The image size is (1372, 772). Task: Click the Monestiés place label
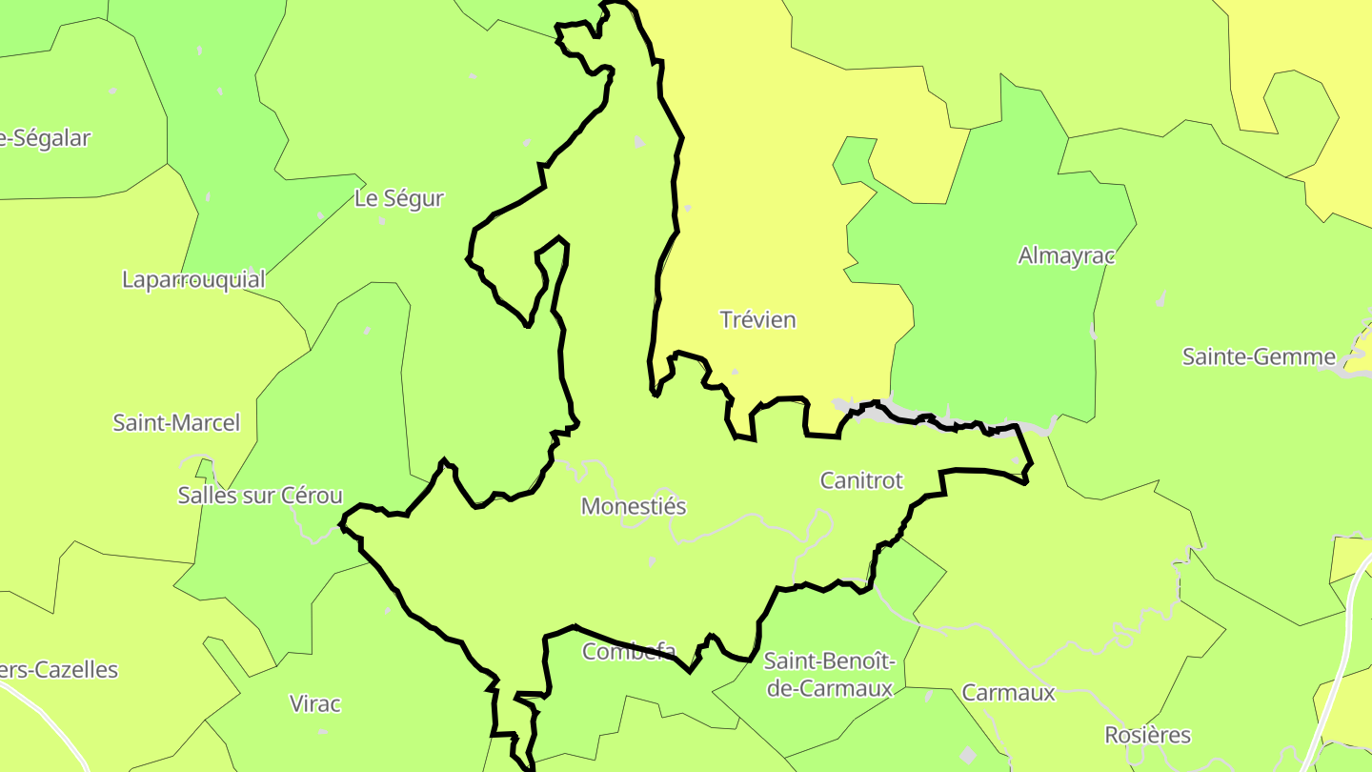634,506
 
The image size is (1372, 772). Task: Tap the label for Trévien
757,319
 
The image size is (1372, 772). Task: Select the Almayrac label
1066,255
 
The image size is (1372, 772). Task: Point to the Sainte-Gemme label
1259,356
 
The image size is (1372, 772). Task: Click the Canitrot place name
861,480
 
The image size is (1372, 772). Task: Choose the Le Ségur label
399,198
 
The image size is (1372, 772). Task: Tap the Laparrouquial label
193,279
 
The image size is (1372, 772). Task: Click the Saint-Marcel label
176,422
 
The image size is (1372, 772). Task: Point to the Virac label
314,704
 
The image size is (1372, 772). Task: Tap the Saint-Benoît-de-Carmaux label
829,674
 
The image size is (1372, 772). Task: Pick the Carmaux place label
1009,693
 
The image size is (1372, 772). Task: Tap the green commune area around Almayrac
1000,334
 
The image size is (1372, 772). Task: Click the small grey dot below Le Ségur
382,221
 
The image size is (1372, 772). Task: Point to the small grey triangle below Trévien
734,371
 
